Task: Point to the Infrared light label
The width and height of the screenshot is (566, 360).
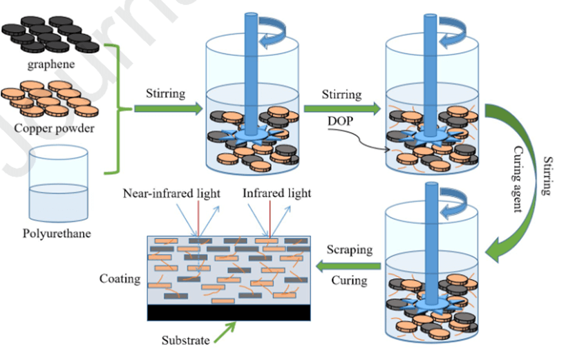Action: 276,193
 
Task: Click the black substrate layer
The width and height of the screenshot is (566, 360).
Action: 227,312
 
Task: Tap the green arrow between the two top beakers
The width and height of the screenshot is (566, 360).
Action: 341,108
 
